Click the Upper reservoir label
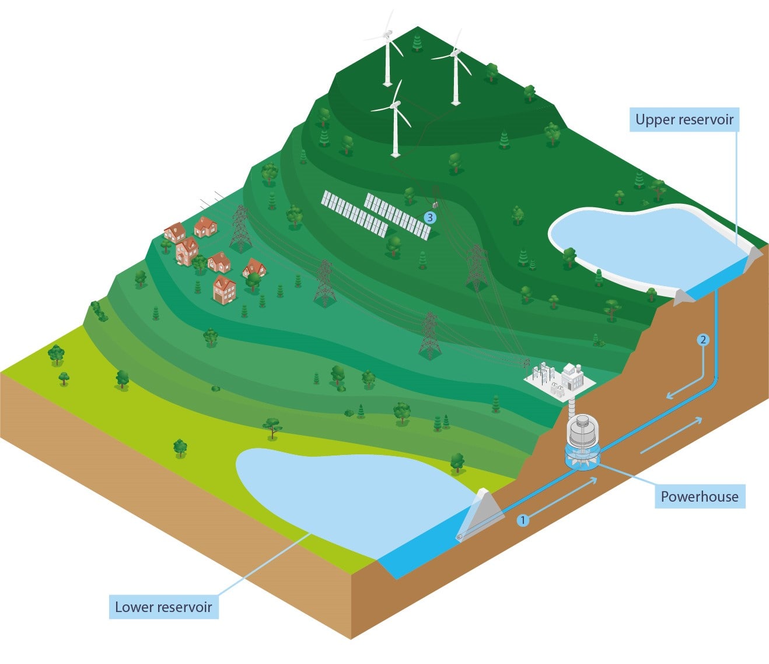684,120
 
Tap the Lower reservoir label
163,607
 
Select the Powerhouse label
699,497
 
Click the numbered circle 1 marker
523,519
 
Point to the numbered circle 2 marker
703,339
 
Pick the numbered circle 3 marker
430,218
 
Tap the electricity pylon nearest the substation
429,336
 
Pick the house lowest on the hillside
225,290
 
